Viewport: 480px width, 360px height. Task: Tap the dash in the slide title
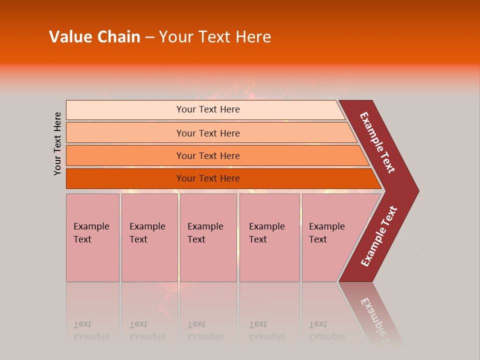click(x=149, y=37)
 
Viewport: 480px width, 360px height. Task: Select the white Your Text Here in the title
click(x=215, y=37)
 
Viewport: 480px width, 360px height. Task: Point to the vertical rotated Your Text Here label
click(x=57, y=144)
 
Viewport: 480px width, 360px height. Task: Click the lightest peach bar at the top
click(x=207, y=109)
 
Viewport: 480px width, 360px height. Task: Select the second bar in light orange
click(x=207, y=133)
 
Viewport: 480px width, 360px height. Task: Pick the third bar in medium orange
click(x=207, y=155)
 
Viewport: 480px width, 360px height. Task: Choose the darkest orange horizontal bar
click(x=207, y=178)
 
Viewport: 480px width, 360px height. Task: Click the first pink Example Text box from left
click(x=92, y=237)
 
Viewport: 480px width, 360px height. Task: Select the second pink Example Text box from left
click(x=149, y=237)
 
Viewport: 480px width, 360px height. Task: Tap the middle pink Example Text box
click(x=208, y=237)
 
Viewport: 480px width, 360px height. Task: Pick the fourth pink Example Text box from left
click(x=269, y=237)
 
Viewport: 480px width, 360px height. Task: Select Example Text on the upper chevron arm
click(x=378, y=142)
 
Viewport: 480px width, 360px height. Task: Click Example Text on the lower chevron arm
click(x=379, y=236)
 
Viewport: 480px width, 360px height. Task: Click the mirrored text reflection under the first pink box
click(x=91, y=330)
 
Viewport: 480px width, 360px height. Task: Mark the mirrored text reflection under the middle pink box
click(x=205, y=330)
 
